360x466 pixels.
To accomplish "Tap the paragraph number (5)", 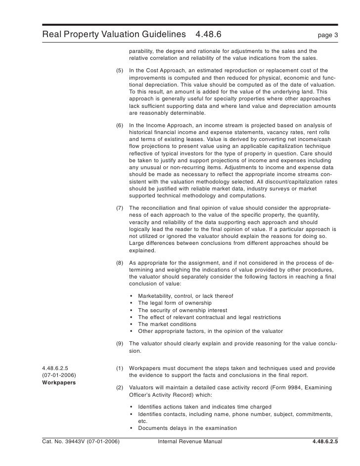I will [120, 71].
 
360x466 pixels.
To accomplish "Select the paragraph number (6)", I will [120, 126].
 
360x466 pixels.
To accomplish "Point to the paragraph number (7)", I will [120, 208].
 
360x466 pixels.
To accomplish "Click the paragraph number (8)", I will [120, 263].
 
